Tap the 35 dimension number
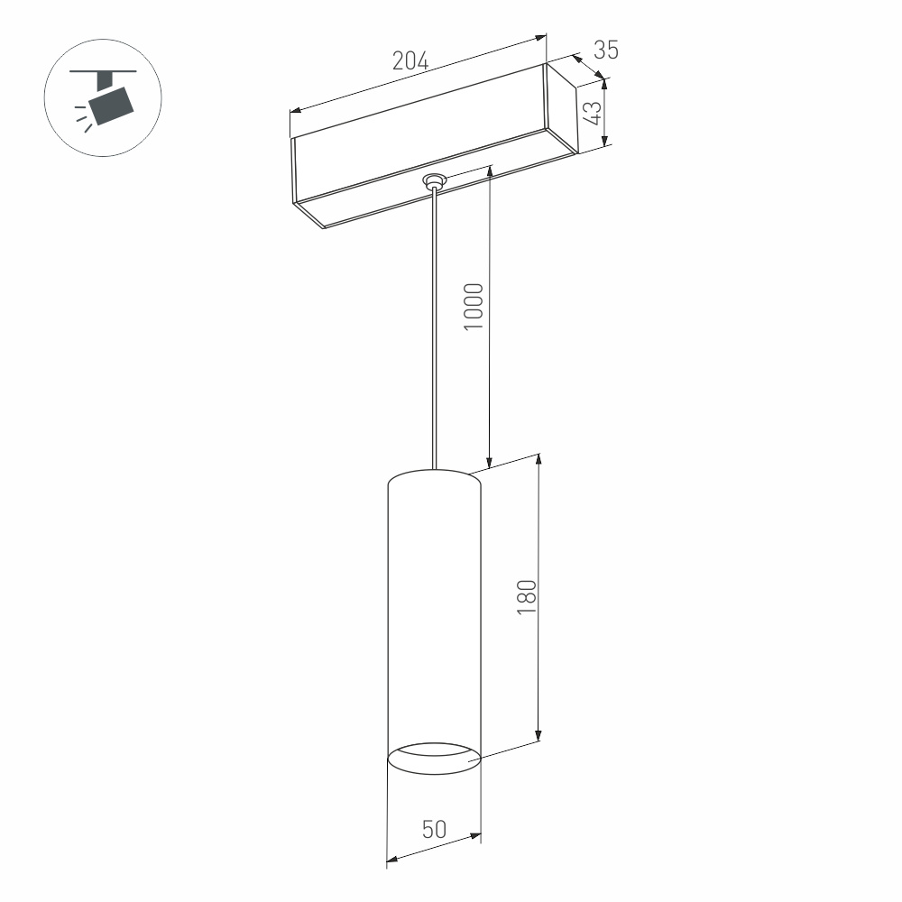[607, 51]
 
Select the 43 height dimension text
[592, 112]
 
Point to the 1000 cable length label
[475, 307]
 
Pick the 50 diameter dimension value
[434, 830]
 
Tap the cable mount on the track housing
[436, 181]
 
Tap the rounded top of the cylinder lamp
[434, 476]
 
